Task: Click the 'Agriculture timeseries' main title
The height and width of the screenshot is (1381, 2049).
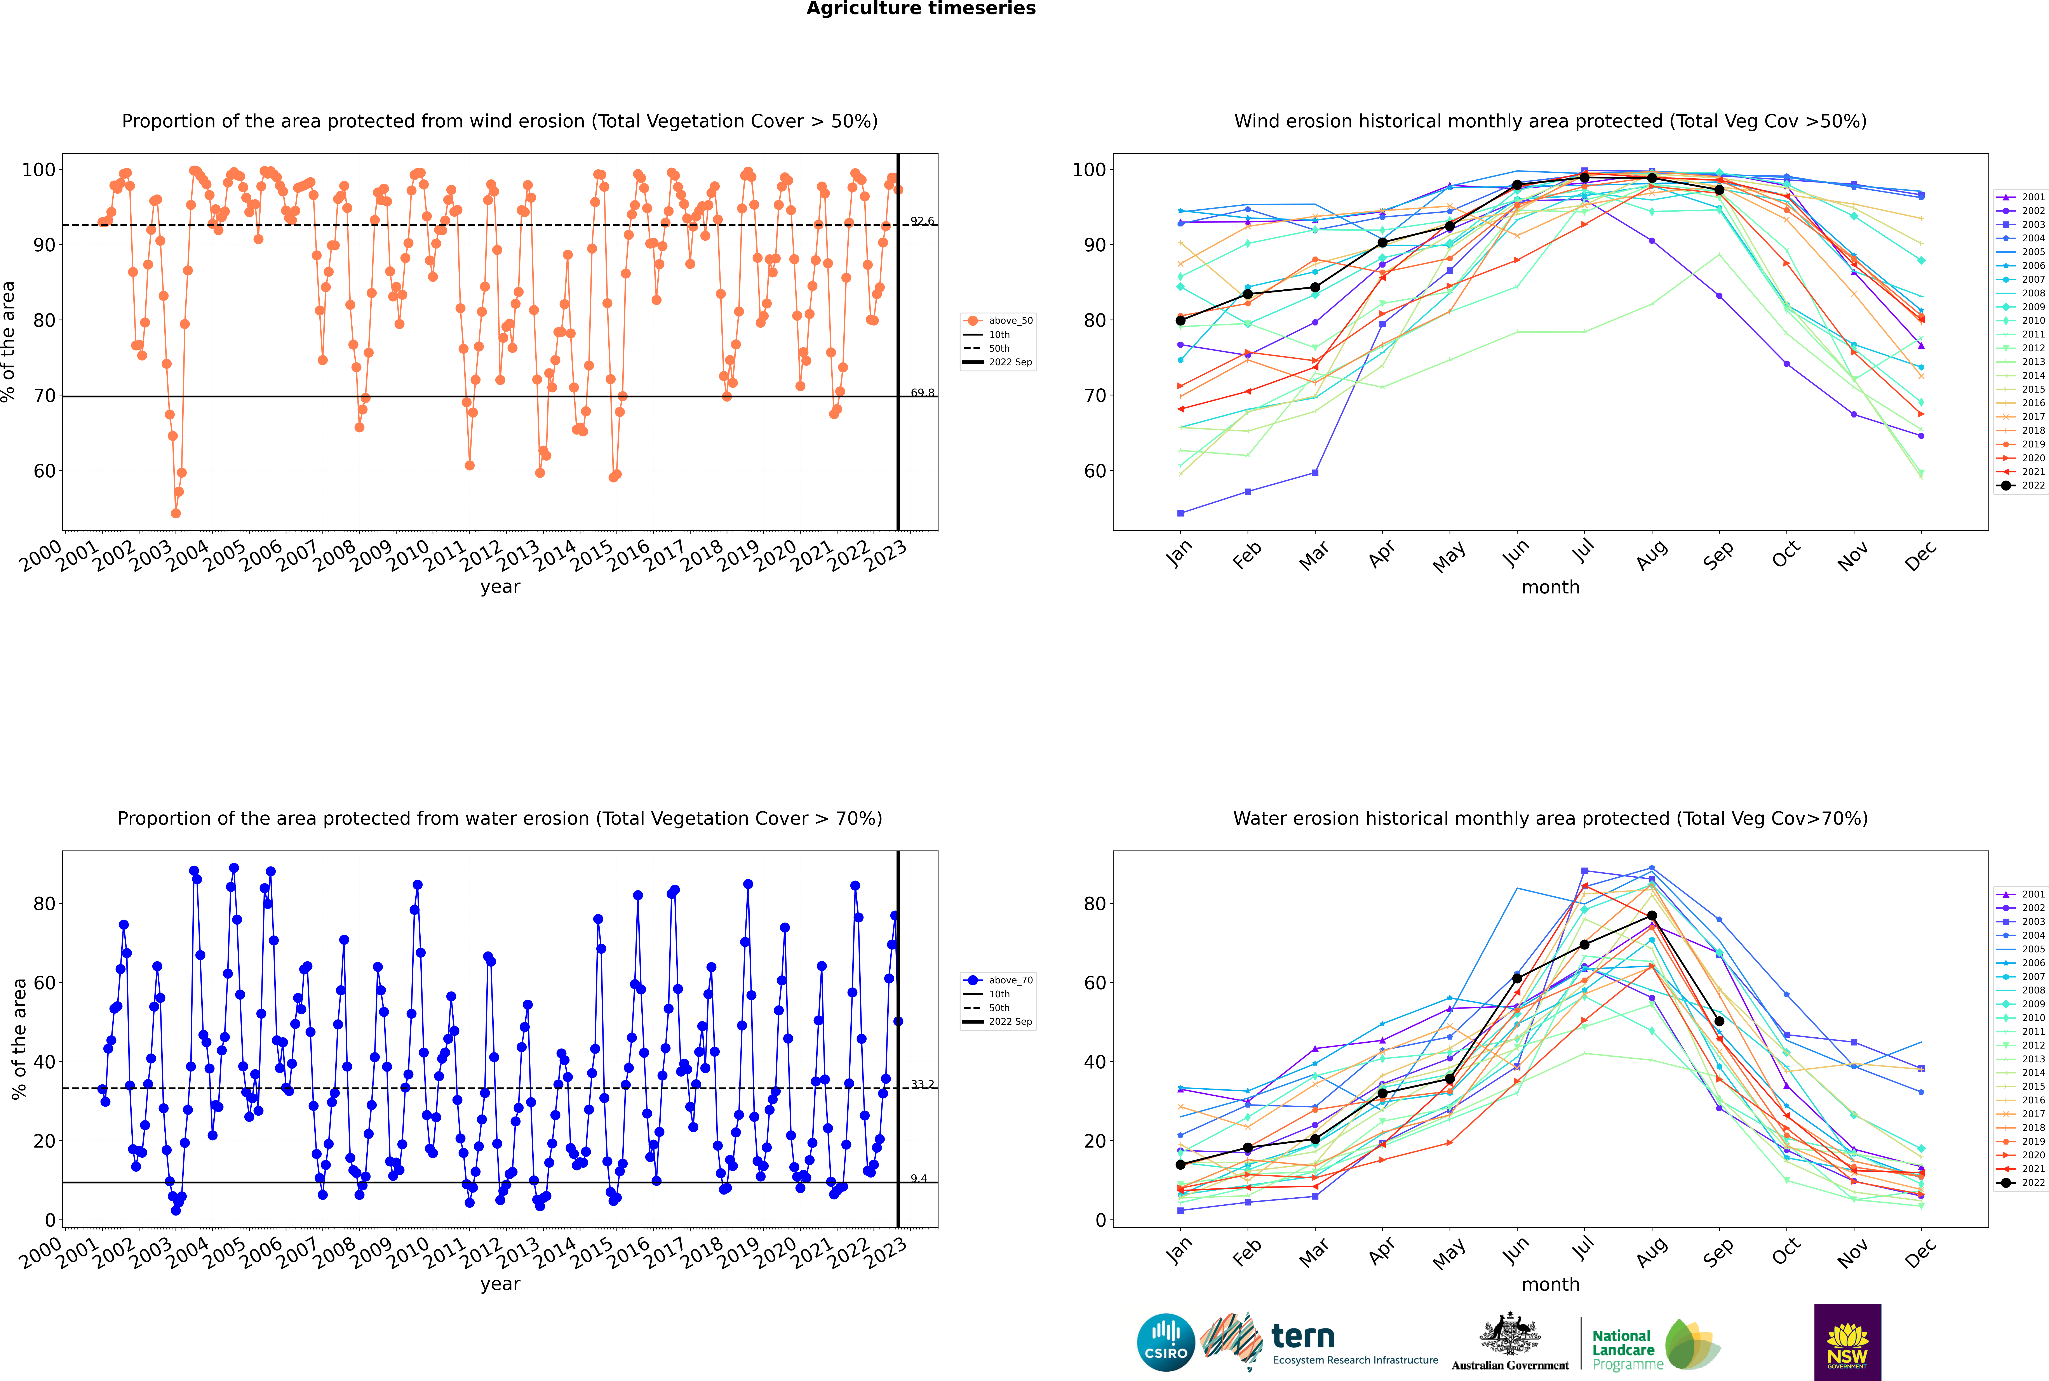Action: pos(921,9)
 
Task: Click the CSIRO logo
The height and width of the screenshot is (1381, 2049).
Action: pos(1165,1342)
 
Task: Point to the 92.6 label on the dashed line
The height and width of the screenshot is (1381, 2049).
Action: pos(922,221)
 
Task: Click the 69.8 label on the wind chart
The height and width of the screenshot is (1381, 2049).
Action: pos(922,393)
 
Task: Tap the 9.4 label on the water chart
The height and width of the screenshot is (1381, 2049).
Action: pos(919,1178)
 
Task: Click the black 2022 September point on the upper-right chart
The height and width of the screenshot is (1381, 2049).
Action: pos(1719,190)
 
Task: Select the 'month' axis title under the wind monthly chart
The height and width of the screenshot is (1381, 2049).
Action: pos(1550,588)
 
